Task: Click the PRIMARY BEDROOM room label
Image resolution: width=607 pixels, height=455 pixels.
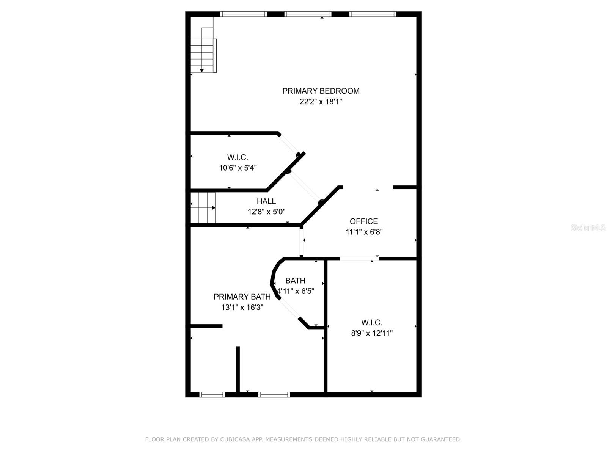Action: point(321,91)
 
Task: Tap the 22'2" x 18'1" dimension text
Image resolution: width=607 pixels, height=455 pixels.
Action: point(321,102)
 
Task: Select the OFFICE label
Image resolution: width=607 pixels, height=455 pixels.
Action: point(364,221)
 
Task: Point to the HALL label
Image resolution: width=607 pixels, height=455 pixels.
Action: point(266,201)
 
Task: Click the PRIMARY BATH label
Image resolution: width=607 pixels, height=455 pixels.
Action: point(242,297)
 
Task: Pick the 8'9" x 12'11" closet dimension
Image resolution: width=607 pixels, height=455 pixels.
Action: point(372,333)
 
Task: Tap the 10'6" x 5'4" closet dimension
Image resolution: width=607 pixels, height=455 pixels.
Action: point(238,168)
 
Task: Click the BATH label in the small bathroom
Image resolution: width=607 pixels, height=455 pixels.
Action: point(295,281)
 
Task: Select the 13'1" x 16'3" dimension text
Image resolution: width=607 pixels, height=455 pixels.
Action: point(242,307)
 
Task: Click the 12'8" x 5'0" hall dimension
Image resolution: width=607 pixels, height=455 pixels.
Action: point(266,212)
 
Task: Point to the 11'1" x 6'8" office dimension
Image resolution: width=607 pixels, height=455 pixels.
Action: point(364,232)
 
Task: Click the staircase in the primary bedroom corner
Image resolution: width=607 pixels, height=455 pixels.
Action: point(203,45)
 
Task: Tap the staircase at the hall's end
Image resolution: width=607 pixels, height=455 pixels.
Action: point(203,208)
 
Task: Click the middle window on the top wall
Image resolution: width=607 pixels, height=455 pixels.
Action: point(308,14)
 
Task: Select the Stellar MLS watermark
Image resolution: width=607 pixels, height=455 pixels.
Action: point(588,227)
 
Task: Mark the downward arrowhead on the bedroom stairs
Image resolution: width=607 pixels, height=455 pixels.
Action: point(202,71)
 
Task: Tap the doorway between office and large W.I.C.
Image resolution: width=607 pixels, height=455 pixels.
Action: point(359,259)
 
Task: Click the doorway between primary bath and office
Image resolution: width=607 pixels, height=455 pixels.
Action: point(302,242)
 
